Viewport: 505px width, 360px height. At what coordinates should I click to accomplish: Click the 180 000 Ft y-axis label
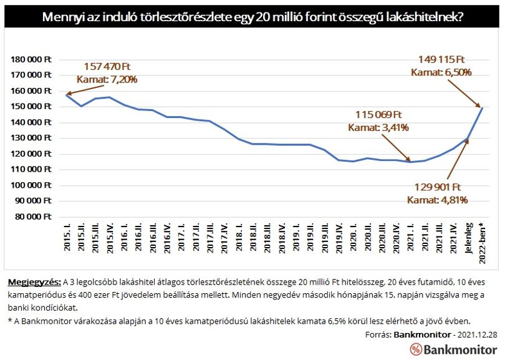click(x=31, y=59)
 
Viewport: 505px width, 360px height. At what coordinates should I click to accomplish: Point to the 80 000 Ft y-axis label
click(x=33, y=216)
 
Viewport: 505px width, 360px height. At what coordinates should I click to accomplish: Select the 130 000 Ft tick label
click(x=31, y=138)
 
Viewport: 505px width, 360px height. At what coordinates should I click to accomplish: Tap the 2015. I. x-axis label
click(x=67, y=236)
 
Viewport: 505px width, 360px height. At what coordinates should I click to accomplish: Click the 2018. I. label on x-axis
click(x=239, y=236)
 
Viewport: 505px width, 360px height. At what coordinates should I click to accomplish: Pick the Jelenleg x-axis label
click(x=469, y=238)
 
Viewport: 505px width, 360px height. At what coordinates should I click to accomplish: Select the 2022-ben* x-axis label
click(x=483, y=243)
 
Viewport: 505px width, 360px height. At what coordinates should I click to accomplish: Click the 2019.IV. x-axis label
click(x=339, y=238)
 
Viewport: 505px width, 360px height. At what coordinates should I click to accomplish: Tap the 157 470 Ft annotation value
click(x=107, y=67)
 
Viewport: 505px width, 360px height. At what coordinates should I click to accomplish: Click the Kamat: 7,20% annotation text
click(x=107, y=79)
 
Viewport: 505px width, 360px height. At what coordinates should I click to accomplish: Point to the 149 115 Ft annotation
click(x=441, y=60)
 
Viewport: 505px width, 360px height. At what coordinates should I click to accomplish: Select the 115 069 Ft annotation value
click(x=379, y=115)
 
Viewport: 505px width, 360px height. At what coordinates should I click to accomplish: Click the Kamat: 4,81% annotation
click(x=438, y=200)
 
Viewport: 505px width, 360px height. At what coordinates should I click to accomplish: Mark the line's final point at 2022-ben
click(x=482, y=108)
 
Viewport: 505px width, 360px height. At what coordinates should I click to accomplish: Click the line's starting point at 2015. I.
click(x=67, y=95)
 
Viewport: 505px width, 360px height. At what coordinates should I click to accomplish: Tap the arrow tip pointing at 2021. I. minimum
click(x=410, y=161)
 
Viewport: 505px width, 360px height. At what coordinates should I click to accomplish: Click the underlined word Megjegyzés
click(x=34, y=283)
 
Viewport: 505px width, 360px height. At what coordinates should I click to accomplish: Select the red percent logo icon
click(x=416, y=349)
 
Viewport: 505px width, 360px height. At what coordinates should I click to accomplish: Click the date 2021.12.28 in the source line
click(x=478, y=335)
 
